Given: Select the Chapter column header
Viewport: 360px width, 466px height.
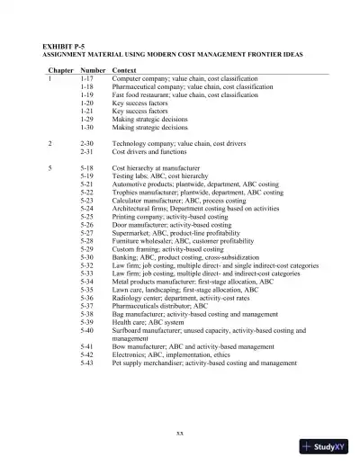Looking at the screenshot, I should pos(60,69).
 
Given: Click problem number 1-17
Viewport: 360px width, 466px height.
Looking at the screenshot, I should pos(87,78).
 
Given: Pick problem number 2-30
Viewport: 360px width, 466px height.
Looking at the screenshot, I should pos(87,143).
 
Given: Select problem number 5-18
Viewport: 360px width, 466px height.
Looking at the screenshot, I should pos(87,167).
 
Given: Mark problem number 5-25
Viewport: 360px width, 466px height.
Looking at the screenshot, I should pos(87,217).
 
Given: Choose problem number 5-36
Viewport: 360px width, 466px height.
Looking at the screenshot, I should pos(87,298).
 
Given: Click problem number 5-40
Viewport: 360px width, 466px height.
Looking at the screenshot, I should pos(87,330).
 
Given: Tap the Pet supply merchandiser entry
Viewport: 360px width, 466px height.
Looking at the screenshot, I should pos(204,363).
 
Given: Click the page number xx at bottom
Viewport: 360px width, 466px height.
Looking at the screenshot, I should pos(180,433).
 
